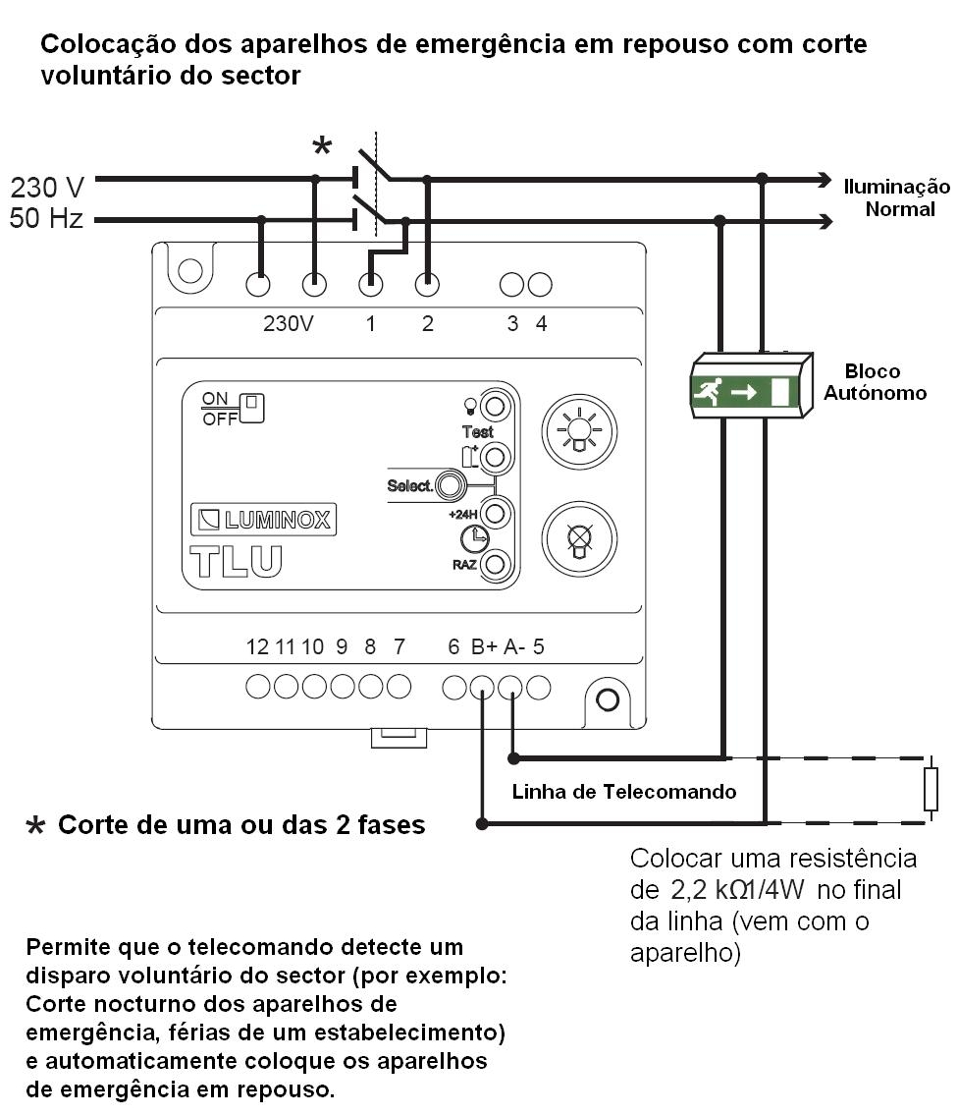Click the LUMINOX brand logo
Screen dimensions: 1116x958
(x=262, y=521)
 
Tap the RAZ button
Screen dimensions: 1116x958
(x=496, y=564)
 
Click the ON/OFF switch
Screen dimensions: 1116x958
(x=253, y=406)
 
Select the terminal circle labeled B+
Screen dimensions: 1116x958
(x=482, y=688)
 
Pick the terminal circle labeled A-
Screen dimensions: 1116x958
(x=510, y=688)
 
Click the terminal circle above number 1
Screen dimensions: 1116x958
(x=370, y=284)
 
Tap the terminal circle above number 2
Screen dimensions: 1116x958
(x=427, y=284)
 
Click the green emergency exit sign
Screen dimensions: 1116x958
(x=741, y=391)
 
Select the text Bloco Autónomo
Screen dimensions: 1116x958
(x=873, y=382)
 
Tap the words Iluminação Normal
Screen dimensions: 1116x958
(x=896, y=197)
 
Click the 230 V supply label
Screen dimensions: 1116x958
(x=47, y=186)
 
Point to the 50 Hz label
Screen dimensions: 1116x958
(x=46, y=220)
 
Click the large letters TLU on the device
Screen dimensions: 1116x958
(x=236, y=560)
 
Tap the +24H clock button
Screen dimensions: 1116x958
(x=496, y=513)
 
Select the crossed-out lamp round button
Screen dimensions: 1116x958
(x=579, y=540)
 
